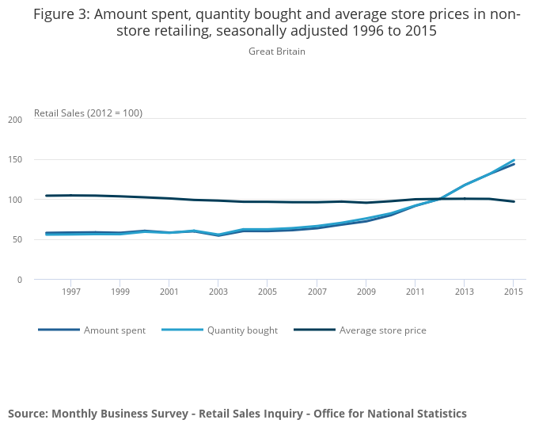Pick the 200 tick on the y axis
tap(15, 120)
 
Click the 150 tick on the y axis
tap(15, 160)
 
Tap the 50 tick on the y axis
tap(17, 239)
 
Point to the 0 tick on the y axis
tap(19, 280)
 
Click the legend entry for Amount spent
tap(115, 330)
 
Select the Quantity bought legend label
tap(242, 330)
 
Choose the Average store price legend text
tap(383, 330)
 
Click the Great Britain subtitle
tap(277, 52)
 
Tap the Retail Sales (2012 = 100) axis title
tap(88, 113)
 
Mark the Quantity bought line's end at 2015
tap(514, 160)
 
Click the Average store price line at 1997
tap(70, 195)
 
